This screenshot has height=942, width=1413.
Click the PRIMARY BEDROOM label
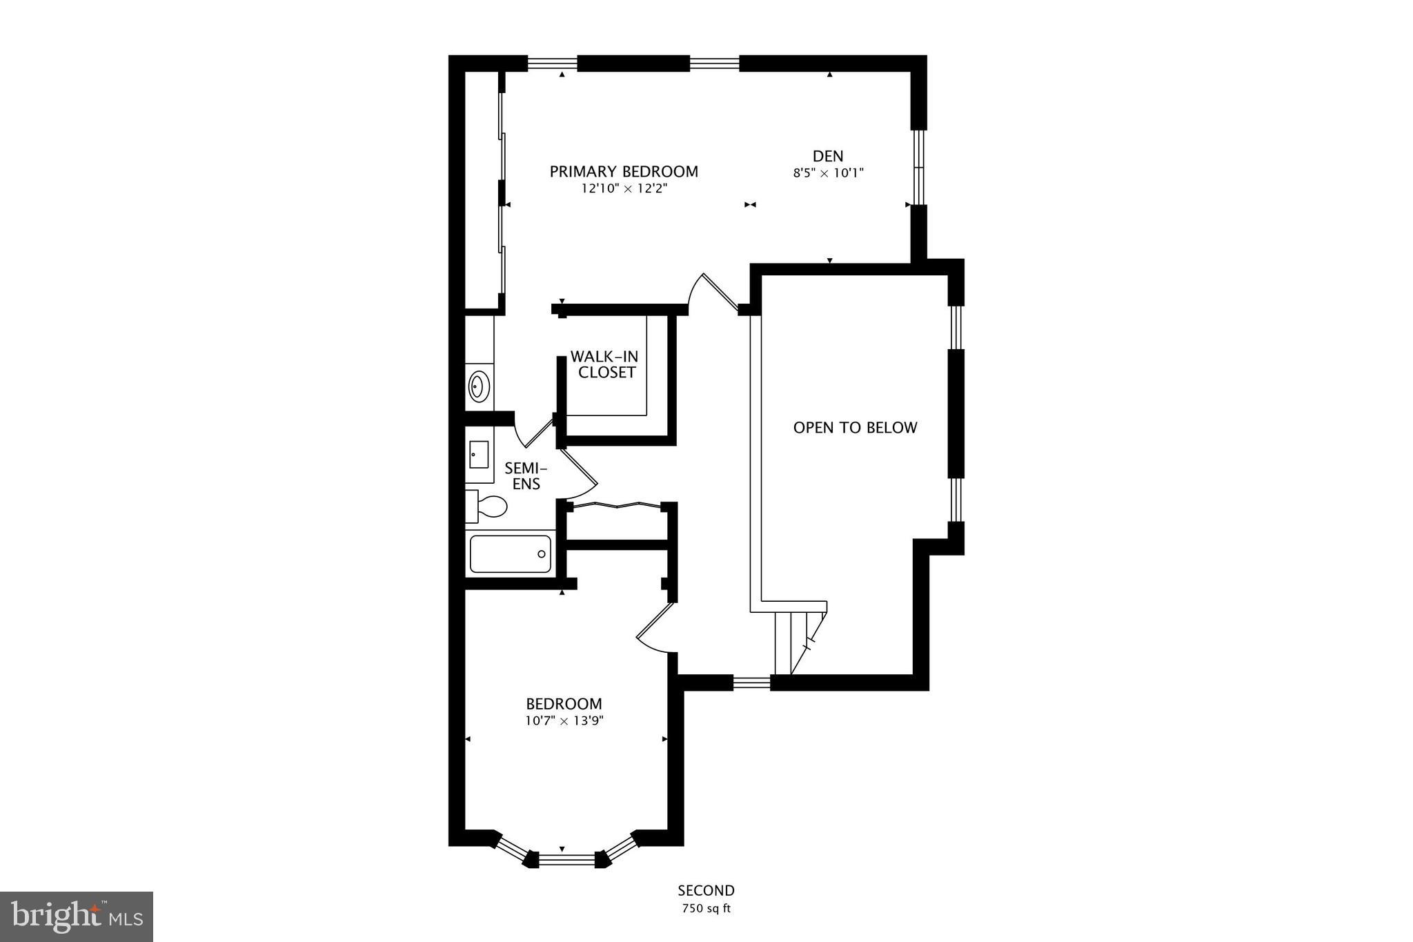pyautogui.click(x=624, y=171)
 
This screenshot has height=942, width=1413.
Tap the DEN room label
pyautogui.click(x=827, y=156)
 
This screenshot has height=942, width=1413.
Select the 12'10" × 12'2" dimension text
pyautogui.click(x=624, y=188)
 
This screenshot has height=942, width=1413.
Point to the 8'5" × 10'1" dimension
pyautogui.click(x=828, y=173)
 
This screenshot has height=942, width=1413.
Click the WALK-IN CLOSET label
pyautogui.click(x=605, y=364)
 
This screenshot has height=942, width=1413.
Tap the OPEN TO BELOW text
pyautogui.click(x=855, y=428)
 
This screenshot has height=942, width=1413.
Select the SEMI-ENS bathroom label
pyautogui.click(x=525, y=476)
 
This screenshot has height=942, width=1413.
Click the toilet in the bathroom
pyautogui.click(x=489, y=506)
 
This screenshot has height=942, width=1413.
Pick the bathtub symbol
pyautogui.click(x=510, y=554)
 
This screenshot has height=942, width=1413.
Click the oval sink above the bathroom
pyautogui.click(x=478, y=386)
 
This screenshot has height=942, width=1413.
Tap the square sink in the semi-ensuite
pyautogui.click(x=479, y=454)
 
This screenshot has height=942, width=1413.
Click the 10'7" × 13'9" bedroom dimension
pyautogui.click(x=564, y=721)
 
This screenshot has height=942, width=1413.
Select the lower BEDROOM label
pyautogui.click(x=564, y=704)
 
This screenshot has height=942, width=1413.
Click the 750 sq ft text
pyautogui.click(x=706, y=909)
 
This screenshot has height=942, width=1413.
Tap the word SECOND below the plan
pyautogui.click(x=706, y=890)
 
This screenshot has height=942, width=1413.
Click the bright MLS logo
pyautogui.click(x=76, y=916)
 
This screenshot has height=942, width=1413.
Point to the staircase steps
pyautogui.click(x=793, y=642)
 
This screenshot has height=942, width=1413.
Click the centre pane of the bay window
pyautogui.click(x=566, y=859)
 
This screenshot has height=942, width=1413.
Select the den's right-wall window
pyautogui.click(x=918, y=167)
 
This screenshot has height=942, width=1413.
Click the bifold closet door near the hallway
pyautogui.click(x=617, y=506)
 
